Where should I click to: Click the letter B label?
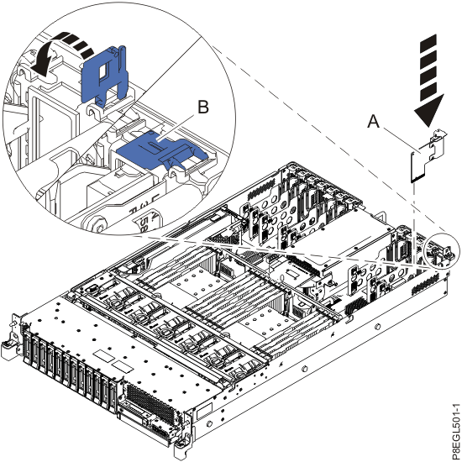coord(202,108)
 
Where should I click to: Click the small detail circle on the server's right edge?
coord(439,248)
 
